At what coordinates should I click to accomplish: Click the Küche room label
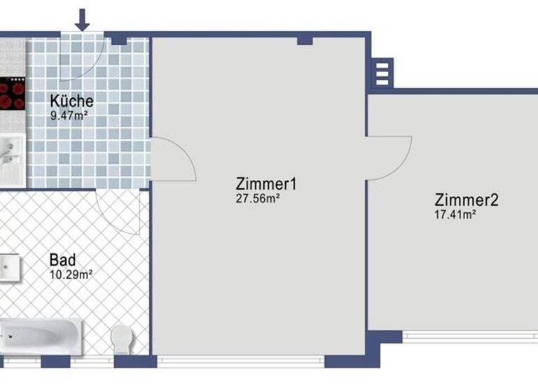pyautogui.click(x=71, y=100)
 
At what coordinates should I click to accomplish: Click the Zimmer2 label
pyautogui.click(x=466, y=200)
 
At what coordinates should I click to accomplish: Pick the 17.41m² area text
pyautogui.click(x=455, y=214)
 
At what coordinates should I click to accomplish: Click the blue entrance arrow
pyautogui.click(x=83, y=19)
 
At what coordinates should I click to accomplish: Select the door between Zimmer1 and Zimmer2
pyautogui.click(x=388, y=157)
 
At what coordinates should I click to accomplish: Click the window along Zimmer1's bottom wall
pyautogui.click(x=240, y=360)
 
